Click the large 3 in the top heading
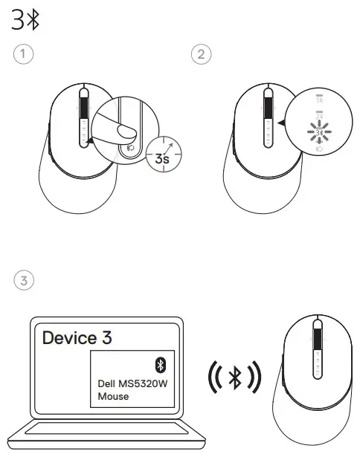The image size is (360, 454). click(18, 22)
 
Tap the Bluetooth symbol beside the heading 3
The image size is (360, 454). click(33, 22)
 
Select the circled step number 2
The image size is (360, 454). click(199, 54)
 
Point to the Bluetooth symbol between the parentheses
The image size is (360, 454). click(234, 378)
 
